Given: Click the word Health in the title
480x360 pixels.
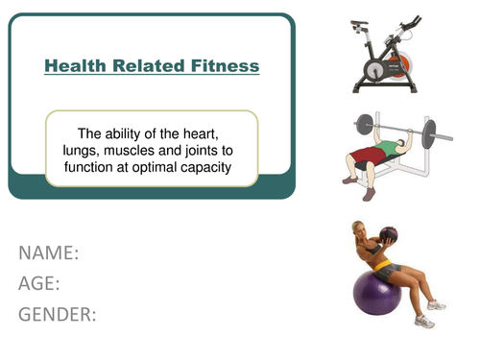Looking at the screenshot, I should pyautogui.click(x=77, y=66).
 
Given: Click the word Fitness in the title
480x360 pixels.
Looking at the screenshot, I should pyautogui.click(x=226, y=66).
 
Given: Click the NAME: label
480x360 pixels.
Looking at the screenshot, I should pyautogui.click(x=49, y=253).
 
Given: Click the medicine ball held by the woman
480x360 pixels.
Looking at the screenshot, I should pyautogui.click(x=390, y=234).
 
